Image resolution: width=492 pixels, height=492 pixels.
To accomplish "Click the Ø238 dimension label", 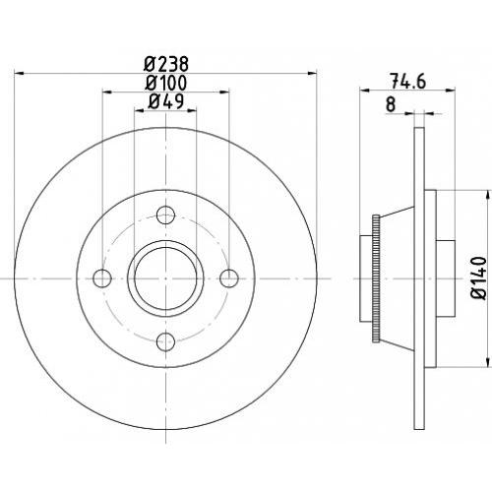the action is pos(166,64).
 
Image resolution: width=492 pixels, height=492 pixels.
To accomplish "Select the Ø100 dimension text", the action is pos(166,83).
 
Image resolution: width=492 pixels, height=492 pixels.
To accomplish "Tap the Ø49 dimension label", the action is pos(165,101).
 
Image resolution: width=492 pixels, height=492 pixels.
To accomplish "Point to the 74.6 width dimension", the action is pos(407,81).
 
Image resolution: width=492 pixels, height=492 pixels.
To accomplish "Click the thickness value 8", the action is pos(391,104).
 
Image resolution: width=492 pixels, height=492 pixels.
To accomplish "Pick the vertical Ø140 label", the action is pos(478,278).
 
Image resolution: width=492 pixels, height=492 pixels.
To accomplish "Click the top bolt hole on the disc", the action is pos(165,215).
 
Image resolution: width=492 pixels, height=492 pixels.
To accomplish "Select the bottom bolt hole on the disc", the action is pos(165,341).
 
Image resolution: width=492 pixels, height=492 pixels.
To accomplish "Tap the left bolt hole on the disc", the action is pos(102,278).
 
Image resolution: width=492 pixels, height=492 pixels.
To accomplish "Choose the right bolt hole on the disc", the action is pos(229,278).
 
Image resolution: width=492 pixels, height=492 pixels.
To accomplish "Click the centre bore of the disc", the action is pos(165,278).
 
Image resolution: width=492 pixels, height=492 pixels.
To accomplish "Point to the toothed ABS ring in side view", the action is pos(376,278).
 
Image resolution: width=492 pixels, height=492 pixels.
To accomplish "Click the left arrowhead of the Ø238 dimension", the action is pos(20,74).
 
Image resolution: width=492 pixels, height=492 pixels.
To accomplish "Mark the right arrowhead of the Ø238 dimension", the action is pos(312,74).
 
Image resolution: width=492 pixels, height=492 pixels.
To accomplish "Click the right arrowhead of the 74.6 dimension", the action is pos(451,90).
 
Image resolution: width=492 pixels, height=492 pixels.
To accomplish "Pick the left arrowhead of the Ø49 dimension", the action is pos(140,111).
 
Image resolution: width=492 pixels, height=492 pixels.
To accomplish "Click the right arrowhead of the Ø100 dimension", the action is pos(224,92).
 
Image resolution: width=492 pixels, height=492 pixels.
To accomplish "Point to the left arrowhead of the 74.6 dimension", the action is pos(365,90).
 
